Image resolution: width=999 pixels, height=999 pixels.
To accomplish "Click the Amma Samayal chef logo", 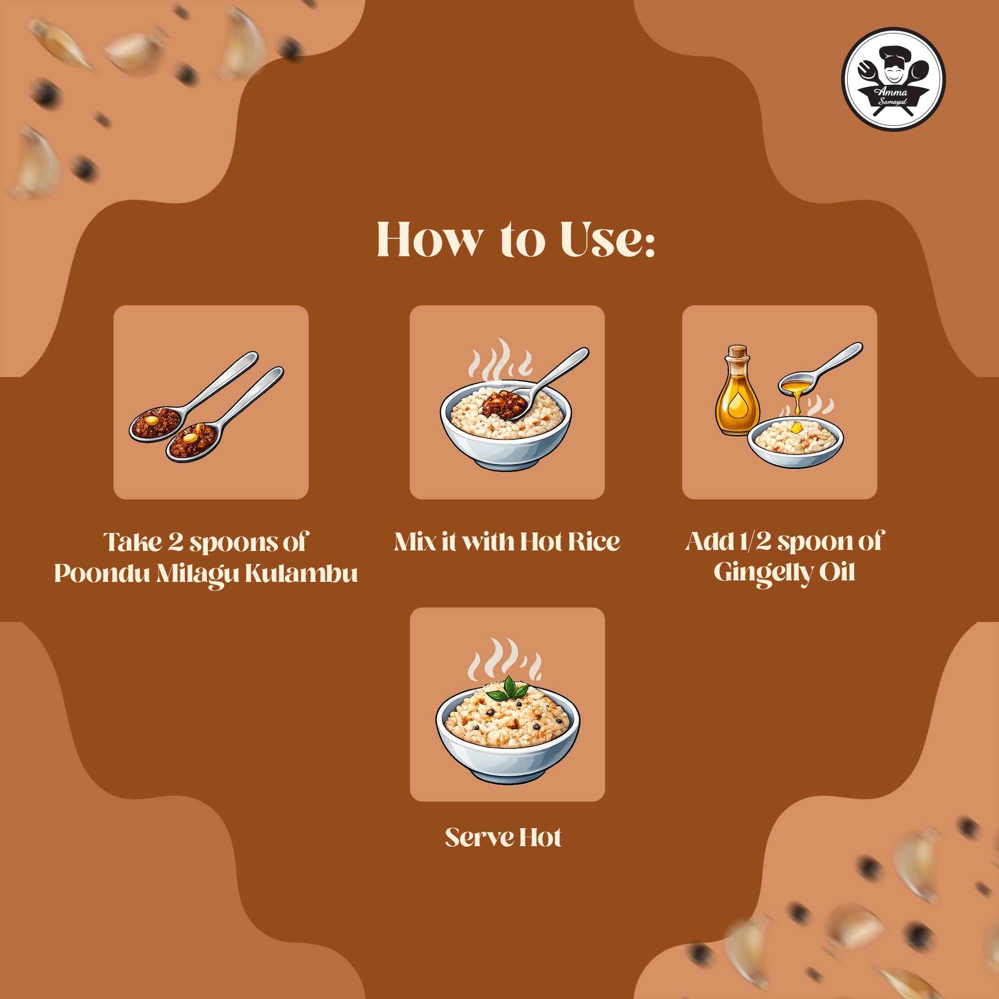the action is click(893, 79).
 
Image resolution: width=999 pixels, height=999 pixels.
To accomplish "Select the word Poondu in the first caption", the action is click(102, 573).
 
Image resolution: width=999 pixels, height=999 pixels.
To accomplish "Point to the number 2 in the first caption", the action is click(176, 542).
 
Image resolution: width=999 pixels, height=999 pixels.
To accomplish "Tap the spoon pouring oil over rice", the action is click(820, 369).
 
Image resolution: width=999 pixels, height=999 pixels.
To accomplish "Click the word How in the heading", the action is click(430, 240).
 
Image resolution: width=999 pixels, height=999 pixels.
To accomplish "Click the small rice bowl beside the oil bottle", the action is click(795, 443).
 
